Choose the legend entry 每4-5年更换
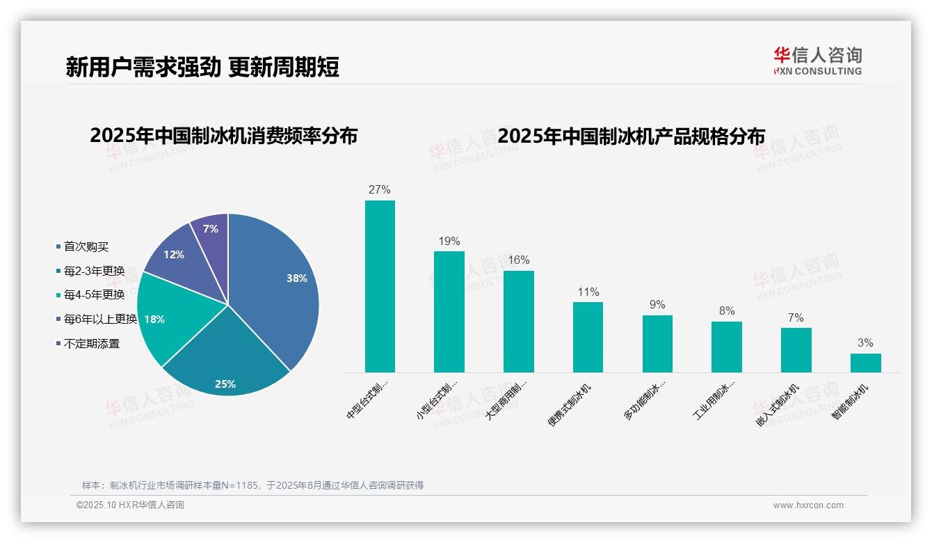pyautogui.click(x=94, y=295)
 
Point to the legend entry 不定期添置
pyautogui.click(x=92, y=343)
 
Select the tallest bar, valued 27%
pyautogui.click(x=380, y=286)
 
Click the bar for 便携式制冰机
pyautogui.click(x=588, y=337)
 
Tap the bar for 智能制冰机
pyautogui.click(x=865, y=363)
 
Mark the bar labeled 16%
pyautogui.click(x=519, y=321)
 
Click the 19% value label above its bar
pyautogui.click(x=449, y=242)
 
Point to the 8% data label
pyautogui.click(x=727, y=311)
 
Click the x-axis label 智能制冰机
pyautogui.click(x=850, y=402)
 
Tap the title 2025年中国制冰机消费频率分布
pyautogui.click(x=223, y=136)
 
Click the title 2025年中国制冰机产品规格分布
pyautogui.click(x=631, y=136)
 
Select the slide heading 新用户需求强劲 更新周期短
pyautogui.click(x=202, y=67)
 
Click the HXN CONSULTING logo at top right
pyautogui.click(x=817, y=61)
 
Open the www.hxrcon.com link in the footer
pyautogui.click(x=808, y=505)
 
